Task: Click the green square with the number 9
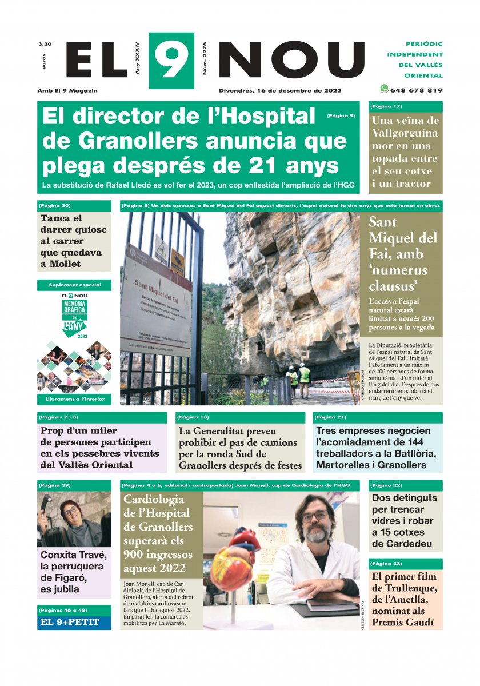tap(171, 60)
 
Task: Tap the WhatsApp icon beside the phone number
tap(385, 89)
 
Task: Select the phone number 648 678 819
tap(416, 90)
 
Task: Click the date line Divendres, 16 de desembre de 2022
tap(280, 90)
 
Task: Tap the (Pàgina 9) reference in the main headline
tap(341, 115)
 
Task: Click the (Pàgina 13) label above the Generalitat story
tap(193, 417)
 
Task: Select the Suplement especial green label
tap(74, 285)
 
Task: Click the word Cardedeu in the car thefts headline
tap(403, 544)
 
